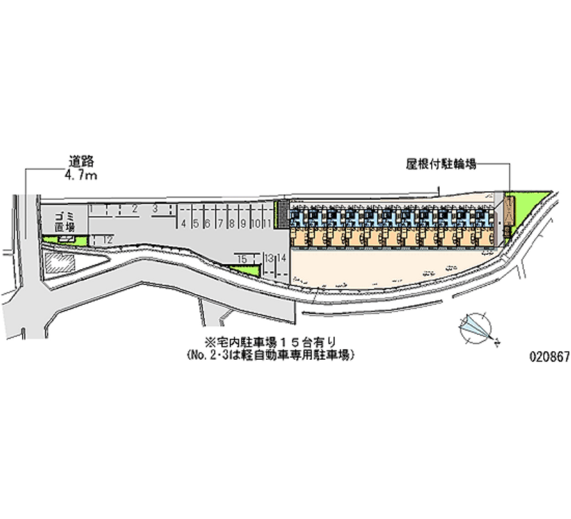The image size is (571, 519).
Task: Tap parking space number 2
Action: point(134,208)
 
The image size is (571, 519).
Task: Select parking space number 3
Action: point(154,208)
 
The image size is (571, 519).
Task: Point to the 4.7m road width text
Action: point(80,176)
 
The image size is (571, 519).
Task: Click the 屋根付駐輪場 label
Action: point(440,163)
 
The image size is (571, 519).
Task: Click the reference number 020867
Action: point(549,357)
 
